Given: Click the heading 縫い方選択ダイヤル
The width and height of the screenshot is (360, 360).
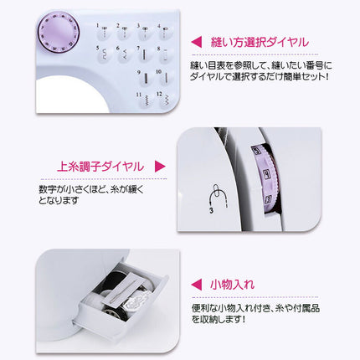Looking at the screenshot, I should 260,41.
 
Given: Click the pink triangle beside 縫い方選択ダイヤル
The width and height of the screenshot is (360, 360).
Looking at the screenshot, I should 196,41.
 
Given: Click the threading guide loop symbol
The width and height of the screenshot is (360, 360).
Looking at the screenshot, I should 218,197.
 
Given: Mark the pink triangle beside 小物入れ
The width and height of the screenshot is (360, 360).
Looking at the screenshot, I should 196,285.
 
